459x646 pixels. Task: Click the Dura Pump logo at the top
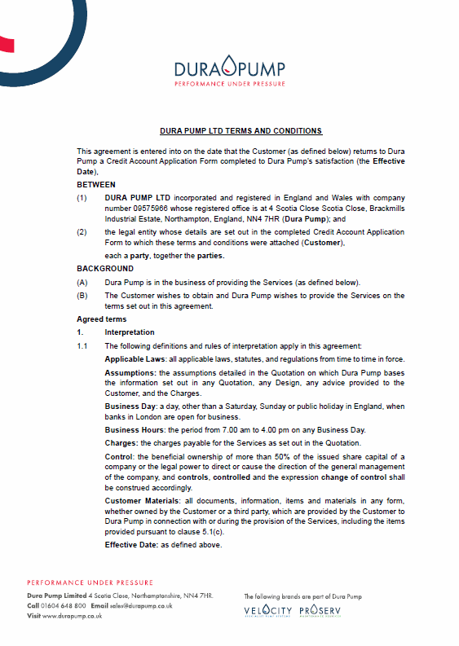(x=229, y=71)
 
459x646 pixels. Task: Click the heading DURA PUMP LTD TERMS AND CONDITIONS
(x=241, y=130)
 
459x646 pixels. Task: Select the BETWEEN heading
(x=96, y=185)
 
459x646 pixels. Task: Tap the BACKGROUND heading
(x=105, y=268)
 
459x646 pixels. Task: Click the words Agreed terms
(x=101, y=319)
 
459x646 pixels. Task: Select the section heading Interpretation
(x=130, y=332)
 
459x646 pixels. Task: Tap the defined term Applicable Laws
(x=135, y=359)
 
